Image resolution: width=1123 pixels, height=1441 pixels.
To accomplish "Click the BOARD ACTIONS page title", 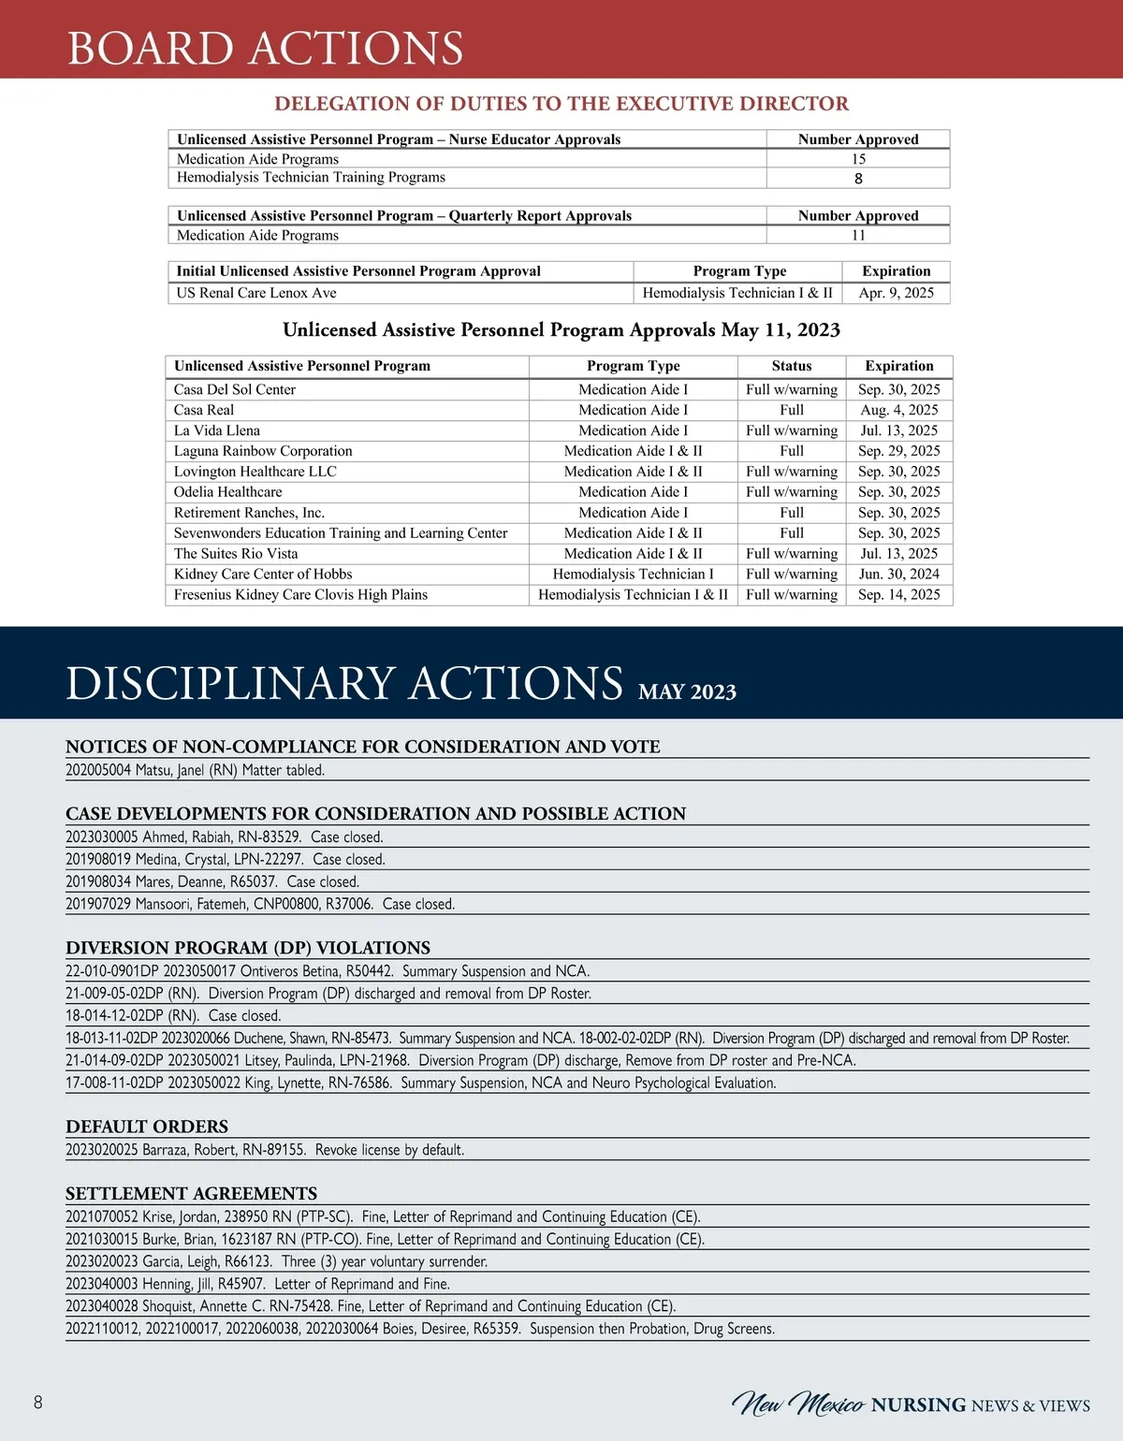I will pyautogui.click(x=265, y=48).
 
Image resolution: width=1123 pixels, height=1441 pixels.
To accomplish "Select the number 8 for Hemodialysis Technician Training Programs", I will pyautogui.click(x=858, y=179).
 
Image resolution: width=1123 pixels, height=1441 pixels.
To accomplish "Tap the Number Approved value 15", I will pyautogui.click(x=858, y=159).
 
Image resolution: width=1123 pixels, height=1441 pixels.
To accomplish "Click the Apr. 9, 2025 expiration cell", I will pyautogui.click(x=896, y=293).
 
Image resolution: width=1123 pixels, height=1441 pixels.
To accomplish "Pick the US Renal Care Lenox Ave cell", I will pyautogui.click(x=256, y=293).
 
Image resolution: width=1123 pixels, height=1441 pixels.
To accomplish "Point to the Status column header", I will pyautogui.click(x=792, y=366).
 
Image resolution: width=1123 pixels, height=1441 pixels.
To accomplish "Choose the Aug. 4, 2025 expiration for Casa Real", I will pyautogui.click(x=898, y=410).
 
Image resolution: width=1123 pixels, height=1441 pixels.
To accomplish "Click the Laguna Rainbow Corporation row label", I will pyautogui.click(x=263, y=451).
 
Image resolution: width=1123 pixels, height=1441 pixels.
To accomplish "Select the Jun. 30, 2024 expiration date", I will pyautogui.click(x=898, y=575).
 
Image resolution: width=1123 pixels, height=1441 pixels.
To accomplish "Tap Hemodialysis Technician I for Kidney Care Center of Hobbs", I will pyautogui.click(x=633, y=575).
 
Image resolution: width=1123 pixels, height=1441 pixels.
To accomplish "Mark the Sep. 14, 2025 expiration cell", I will pyautogui.click(x=898, y=595).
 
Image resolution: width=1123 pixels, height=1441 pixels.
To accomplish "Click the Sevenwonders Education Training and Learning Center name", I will pyautogui.click(x=341, y=533).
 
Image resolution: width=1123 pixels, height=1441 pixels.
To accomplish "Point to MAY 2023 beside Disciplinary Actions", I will pyautogui.click(x=687, y=692).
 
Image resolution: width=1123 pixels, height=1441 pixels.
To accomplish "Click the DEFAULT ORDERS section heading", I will pyautogui.click(x=147, y=1127).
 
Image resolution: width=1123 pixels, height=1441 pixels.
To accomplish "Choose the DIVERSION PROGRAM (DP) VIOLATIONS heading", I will pyautogui.click(x=248, y=948).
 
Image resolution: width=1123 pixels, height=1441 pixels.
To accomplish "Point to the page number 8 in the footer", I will pyautogui.click(x=38, y=1402).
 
